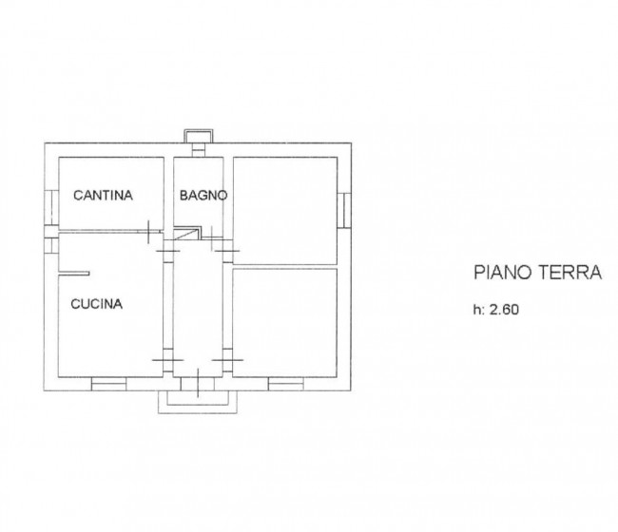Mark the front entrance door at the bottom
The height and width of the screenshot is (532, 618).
[195, 382]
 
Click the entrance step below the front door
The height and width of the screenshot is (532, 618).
[195, 399]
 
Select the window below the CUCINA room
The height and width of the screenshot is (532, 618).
[108, 383]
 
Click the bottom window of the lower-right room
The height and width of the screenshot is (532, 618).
[285, 383]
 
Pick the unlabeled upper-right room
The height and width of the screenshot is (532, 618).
[285, 209]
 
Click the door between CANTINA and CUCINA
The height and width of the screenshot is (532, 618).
[152, 231]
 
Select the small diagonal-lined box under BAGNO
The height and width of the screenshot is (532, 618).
[190, 232]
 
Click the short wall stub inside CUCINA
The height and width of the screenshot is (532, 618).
[74, 275]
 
